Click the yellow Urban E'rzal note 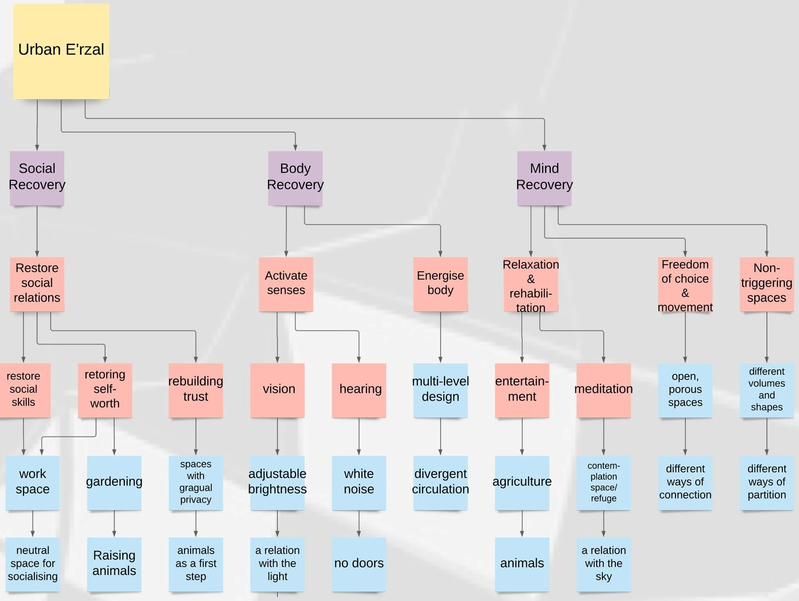[61, 51]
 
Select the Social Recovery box [37, 178]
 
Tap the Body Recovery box [295, 178]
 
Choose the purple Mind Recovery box [544, 178]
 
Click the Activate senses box [286, 284]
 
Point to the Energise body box [440, 284]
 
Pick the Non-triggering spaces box [766, 284]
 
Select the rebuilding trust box [196, 390]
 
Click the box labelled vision [277, 390]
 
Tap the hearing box [359, 390]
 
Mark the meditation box [603, 390]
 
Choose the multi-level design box [440, 390]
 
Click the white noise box [359, 482]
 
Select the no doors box [359, 564]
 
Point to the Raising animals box [114, 564]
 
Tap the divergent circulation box [440, 482]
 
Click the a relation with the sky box [603, 564]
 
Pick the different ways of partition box [766, 482]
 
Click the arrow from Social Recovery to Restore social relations [37, 231]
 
